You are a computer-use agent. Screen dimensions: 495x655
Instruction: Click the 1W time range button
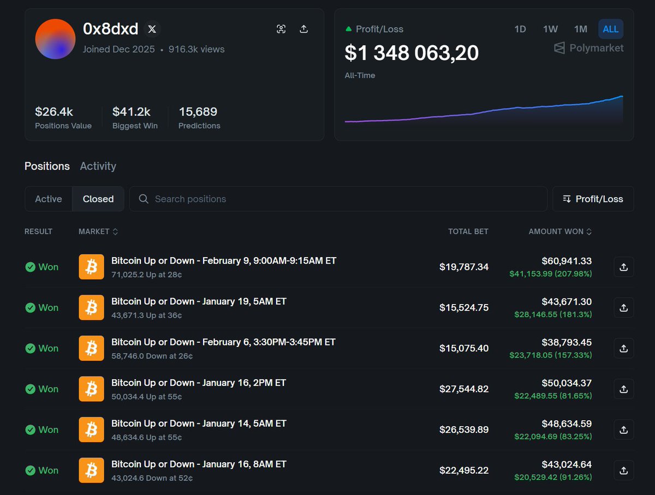[550, 29]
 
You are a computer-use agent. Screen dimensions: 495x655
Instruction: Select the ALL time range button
[610, 29]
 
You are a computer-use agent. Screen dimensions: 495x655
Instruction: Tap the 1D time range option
[520, 29]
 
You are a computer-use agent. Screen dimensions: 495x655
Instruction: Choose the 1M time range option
[580, 29]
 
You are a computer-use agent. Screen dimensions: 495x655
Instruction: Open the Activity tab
[98, 166]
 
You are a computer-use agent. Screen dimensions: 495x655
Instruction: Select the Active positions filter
[49, 199]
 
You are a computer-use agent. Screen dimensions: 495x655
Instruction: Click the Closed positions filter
[98, 199]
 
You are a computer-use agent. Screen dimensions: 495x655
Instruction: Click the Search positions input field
[338, 199]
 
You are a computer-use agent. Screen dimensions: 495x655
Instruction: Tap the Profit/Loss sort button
[593, 199]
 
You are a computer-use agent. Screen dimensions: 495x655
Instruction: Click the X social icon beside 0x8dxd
[152, 29]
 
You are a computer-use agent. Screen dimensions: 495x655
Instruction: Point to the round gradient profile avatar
[55, 39]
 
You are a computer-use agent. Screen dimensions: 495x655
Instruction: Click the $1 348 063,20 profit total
[412, 53]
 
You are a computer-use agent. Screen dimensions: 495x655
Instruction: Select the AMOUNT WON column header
[559, 231]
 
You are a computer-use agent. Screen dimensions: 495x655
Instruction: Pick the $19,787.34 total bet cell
[463, 267]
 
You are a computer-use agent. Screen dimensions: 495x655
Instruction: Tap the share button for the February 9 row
[623, 267]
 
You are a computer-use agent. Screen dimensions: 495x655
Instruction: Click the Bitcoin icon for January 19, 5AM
[91, 307]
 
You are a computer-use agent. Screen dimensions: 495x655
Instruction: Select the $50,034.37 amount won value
[567, 383]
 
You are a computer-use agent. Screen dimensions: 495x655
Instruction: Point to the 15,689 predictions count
[198, 112]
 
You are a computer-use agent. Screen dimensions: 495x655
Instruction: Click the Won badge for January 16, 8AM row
[42, 470]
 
